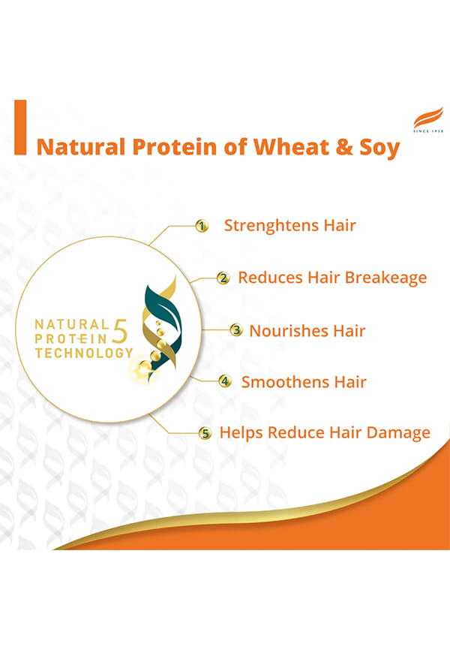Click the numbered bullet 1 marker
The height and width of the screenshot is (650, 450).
(x=202, y=227)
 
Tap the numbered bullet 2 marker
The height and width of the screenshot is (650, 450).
(x=223, y=278)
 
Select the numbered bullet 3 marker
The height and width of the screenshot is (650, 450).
(x=236, y=330)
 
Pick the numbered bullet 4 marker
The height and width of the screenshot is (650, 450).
(x=225, y=381)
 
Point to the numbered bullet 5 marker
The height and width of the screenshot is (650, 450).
(x=205, y=434)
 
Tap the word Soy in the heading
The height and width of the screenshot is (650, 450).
(x=379, y=149)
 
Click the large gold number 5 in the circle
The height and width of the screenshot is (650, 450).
(x=120, y=331)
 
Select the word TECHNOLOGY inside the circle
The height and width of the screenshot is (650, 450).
(x=84, y=354)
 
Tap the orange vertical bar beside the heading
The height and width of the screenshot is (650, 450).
(x=20, y=128)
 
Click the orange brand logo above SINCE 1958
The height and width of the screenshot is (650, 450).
(x=428, y=118)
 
